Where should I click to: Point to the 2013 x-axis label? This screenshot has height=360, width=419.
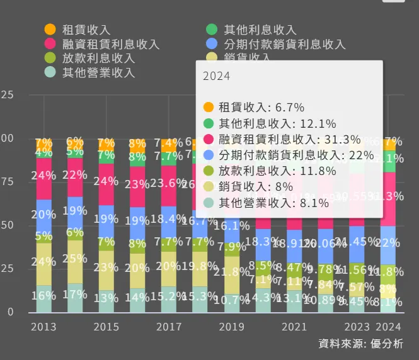coord(43,327)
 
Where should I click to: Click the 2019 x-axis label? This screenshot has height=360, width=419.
coord(232,327)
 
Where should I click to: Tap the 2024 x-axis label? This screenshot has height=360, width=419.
coord(389,327)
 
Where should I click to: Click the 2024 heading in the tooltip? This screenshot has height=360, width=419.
coord(215,76)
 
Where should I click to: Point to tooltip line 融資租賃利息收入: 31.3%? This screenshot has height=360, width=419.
coord(289,139)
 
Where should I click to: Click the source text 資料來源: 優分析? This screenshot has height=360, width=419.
coord(360,344)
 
